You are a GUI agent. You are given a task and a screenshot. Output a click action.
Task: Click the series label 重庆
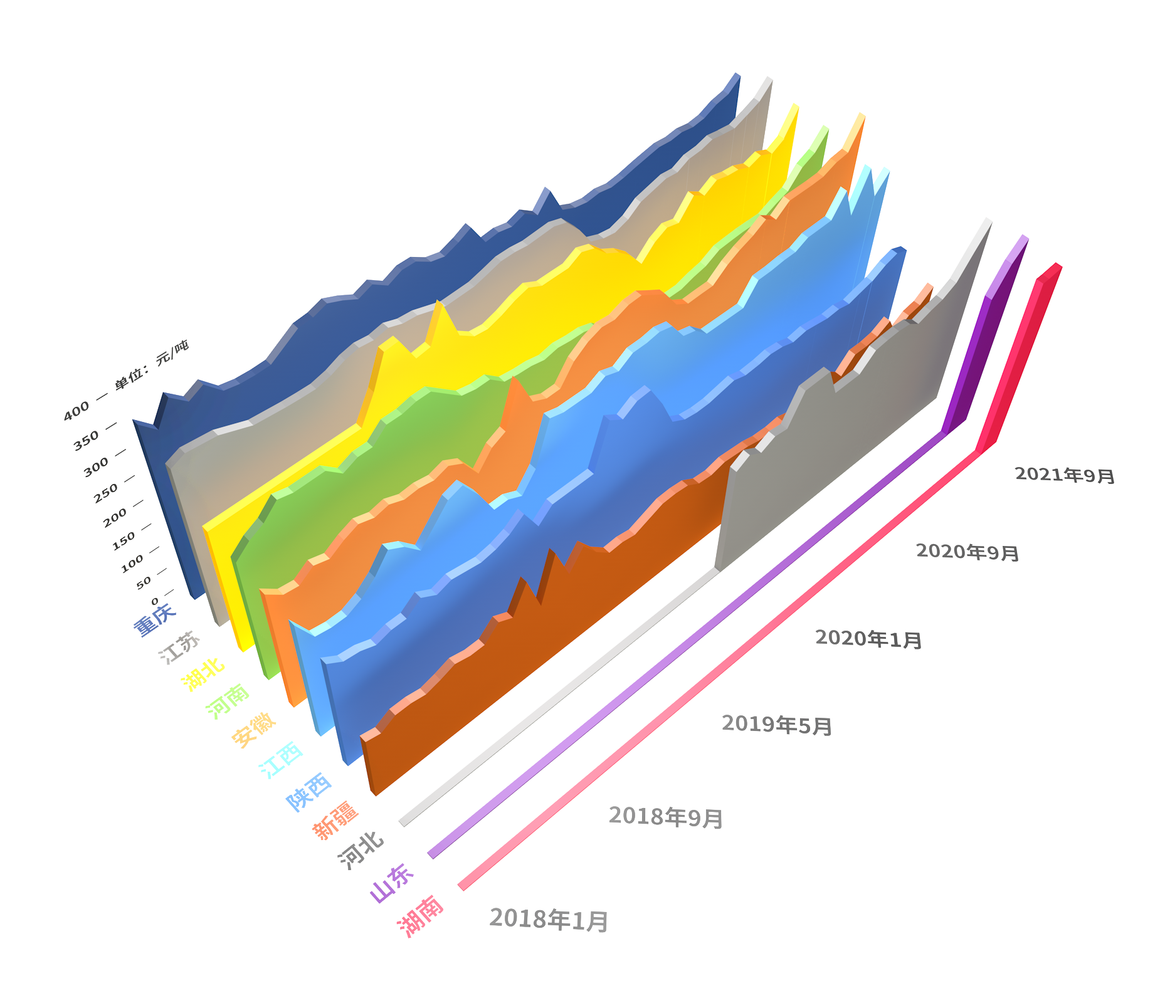(x=154, y=619)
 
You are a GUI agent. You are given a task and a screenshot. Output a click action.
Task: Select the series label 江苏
(x=180, y=647)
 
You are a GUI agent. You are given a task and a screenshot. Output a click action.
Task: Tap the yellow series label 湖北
(x=203, y=674)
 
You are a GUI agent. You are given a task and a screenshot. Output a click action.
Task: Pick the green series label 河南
(x=228, y=701)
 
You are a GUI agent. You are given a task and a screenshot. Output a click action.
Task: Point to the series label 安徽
(x=254, y=730)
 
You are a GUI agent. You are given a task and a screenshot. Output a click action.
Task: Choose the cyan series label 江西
(x=282, y=759)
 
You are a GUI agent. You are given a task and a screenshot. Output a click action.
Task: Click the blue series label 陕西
(x=308, y=791)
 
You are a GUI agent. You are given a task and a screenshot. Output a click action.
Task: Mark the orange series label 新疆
(x=336, y=820)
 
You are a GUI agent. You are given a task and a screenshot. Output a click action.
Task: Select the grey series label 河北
(x=361, y=850)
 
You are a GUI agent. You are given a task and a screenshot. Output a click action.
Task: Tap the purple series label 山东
(x=392, y=883)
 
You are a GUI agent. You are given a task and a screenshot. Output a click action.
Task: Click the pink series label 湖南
(x=421, y=915)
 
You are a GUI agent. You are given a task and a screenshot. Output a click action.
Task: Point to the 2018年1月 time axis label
(x=549, y=920)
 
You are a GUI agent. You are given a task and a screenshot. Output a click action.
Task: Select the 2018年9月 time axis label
(x=666, y=817)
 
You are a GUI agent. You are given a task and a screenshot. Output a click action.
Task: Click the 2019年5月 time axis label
(x=777, y=725)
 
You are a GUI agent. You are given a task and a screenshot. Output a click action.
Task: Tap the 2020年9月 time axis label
(x=967, y=552)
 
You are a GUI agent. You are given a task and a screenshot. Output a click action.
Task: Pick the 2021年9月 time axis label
(x=1065, y=475)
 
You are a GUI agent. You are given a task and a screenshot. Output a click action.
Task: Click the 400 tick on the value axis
(x=76, y=411)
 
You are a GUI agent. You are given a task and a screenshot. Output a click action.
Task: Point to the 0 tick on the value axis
(x=154, y=601)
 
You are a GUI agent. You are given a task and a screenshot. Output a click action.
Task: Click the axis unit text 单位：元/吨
(x=152, y=364)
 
